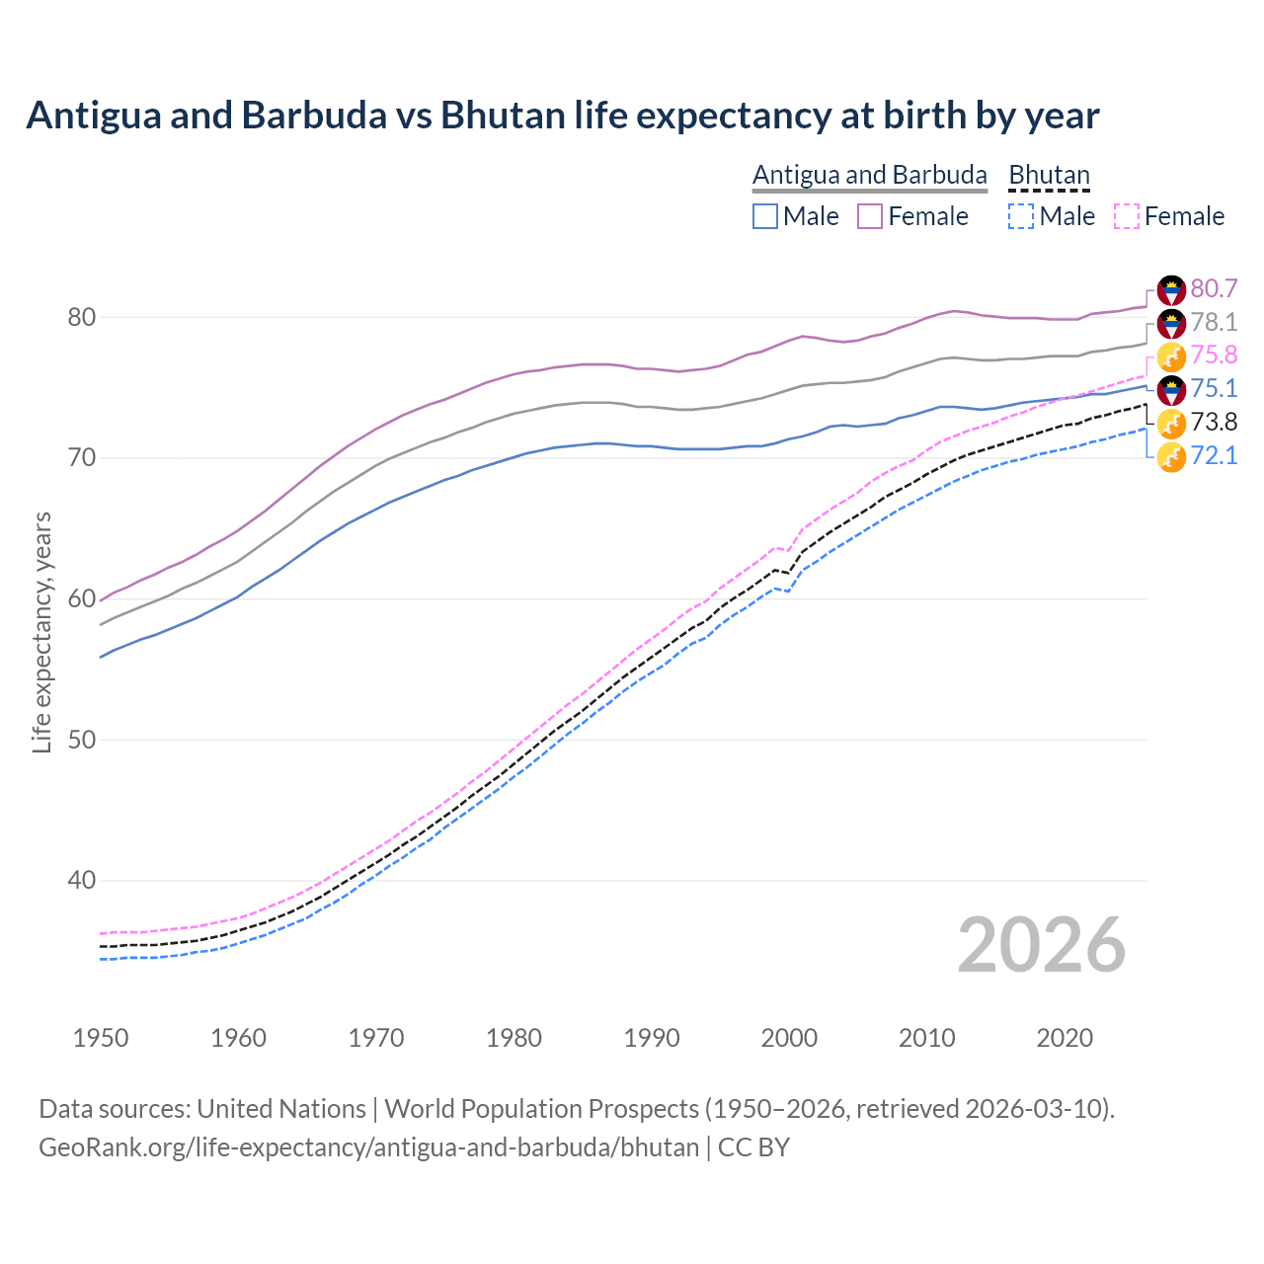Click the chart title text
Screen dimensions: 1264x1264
tap(562, 116)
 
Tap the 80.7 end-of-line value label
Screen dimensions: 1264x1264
tap(1214, 288)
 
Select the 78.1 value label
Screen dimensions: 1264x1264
tap(1214, 322)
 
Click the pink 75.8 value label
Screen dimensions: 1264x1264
tap(1214, 355)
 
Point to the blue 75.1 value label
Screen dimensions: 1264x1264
tap(1214, 388)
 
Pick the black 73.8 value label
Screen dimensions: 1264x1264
tap(1214, 422)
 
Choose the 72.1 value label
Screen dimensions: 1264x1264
tap(1214, 455)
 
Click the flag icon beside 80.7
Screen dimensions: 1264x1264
tap(1171, 289)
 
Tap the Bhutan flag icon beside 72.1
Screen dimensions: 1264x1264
tap(1171, 457)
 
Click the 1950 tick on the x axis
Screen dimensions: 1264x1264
tap(101, 1038)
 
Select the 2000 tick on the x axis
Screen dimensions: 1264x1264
tap(789, 1038)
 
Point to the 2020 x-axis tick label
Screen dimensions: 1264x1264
tap(1065, 1038)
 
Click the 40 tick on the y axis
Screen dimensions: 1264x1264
tap(81, 880)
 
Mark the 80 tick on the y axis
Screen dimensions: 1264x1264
tap(81, 317)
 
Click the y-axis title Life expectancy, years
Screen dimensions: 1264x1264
tap(41, 632)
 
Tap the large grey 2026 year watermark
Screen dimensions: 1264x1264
tap(1041, 945)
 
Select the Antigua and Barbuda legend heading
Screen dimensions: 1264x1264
tap(869, 175)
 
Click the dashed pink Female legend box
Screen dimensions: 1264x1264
tap(1127, 216)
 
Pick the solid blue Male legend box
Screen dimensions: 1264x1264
tap(765, 216)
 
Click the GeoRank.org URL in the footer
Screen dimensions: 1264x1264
tap(368, 1147)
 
